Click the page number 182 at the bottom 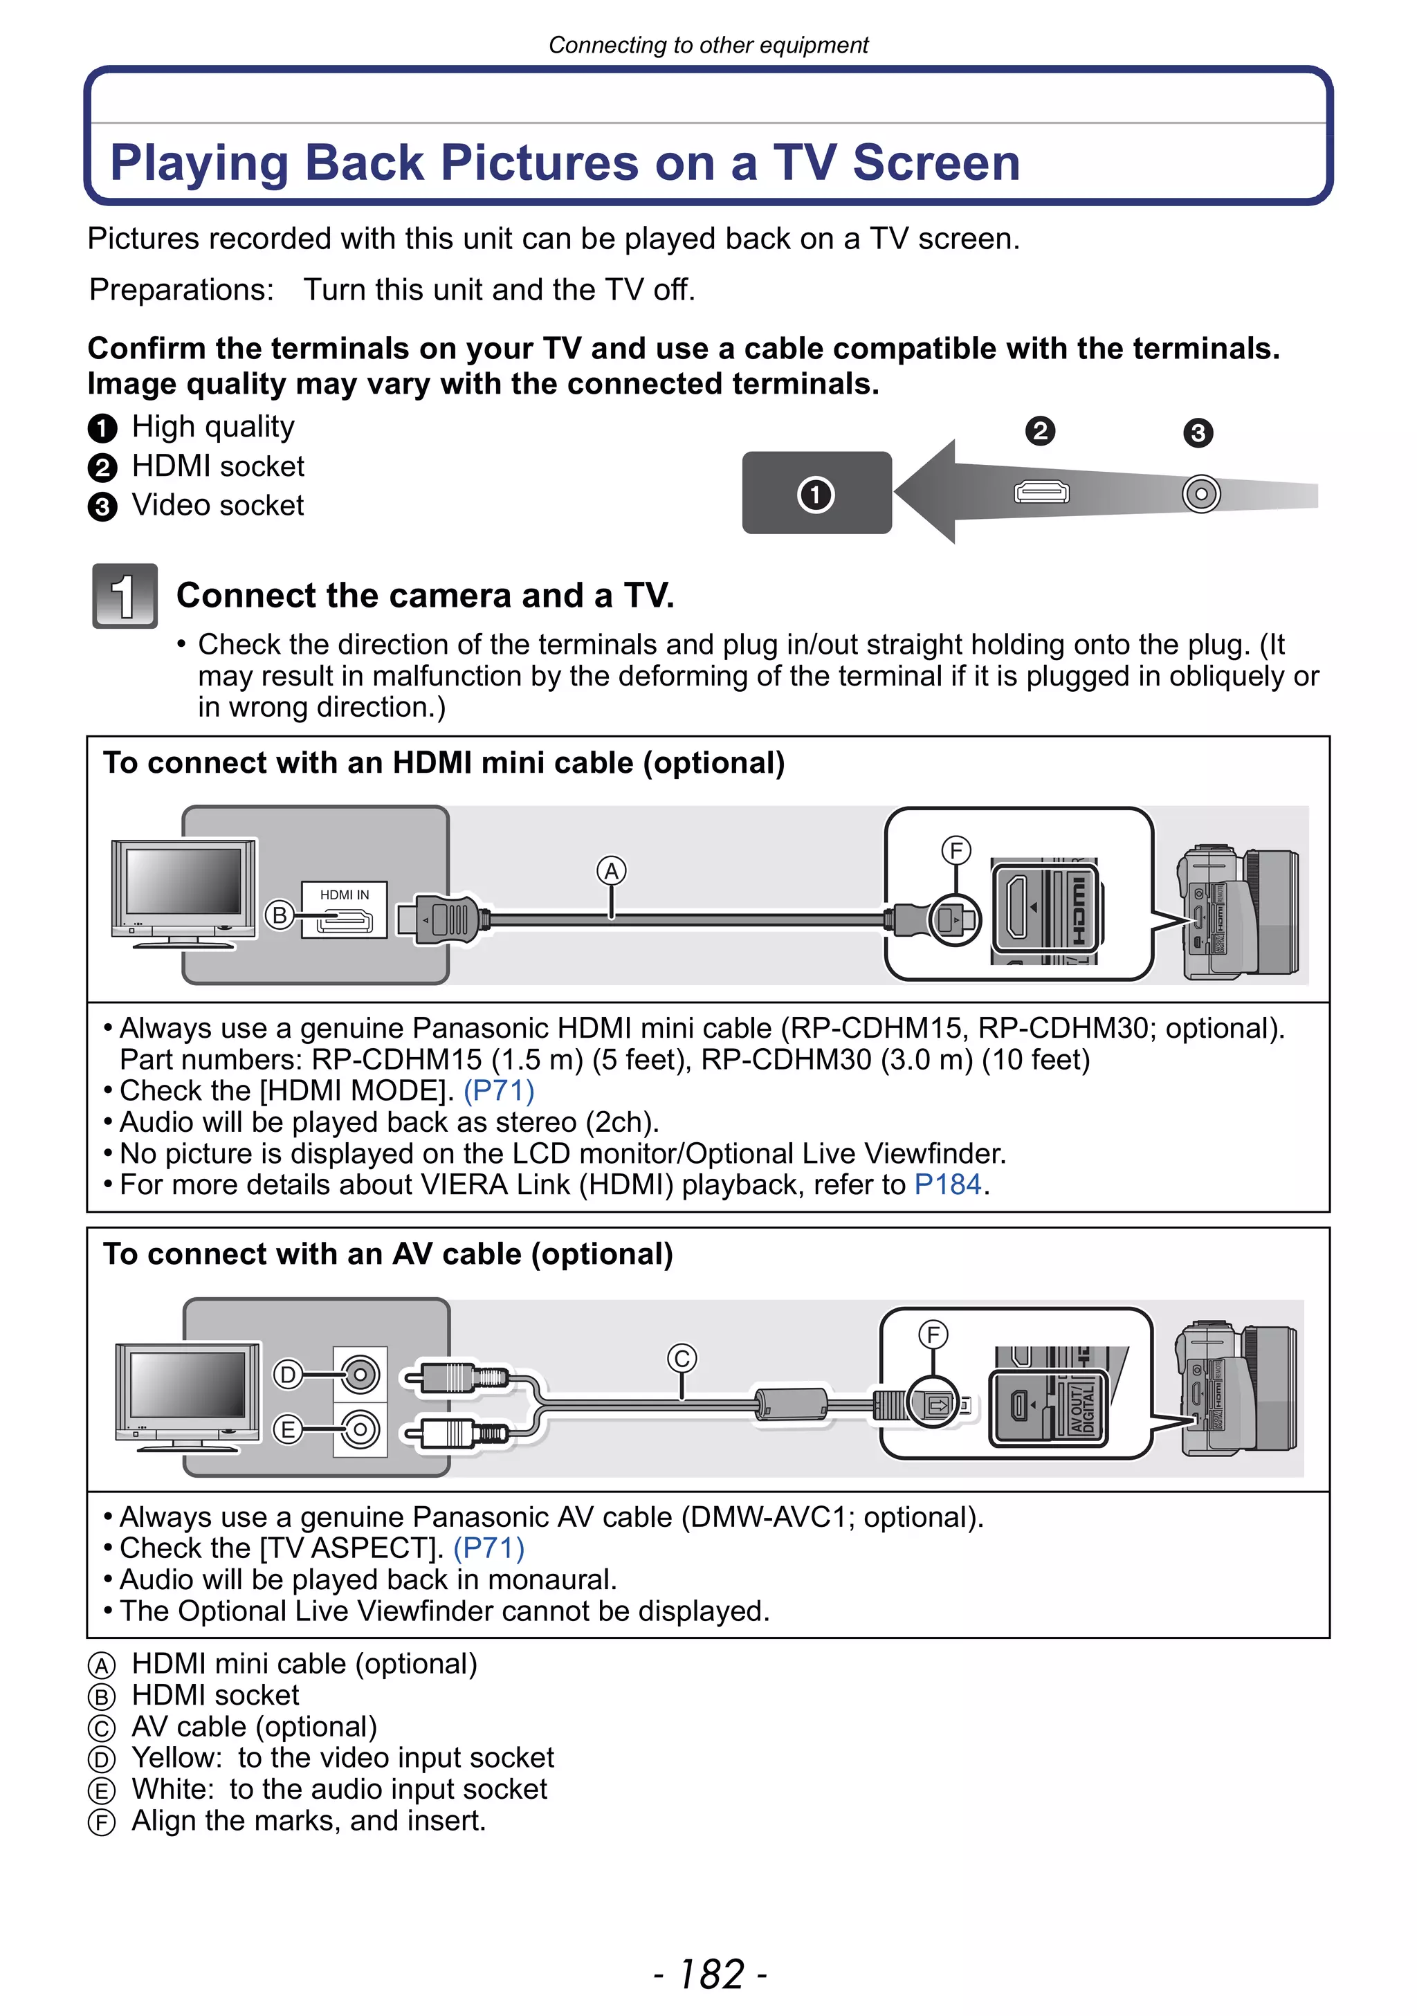(711, 1974)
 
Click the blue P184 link (947, 1184)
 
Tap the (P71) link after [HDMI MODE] (499, 1090)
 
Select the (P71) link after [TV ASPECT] (489, 1548)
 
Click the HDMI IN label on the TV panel (344, 895)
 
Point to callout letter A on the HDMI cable (611, 871)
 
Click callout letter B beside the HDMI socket (280, 915)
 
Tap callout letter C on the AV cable (682, 1358)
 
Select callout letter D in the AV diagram (287, 1374)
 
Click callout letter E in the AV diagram (287, 1430)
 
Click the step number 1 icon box (125, 596)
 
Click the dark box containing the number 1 (816, 493)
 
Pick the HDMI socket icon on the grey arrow (1041, 492)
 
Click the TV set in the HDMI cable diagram (183, 892)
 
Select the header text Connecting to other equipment (708, 45)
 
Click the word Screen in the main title (936, 163)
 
